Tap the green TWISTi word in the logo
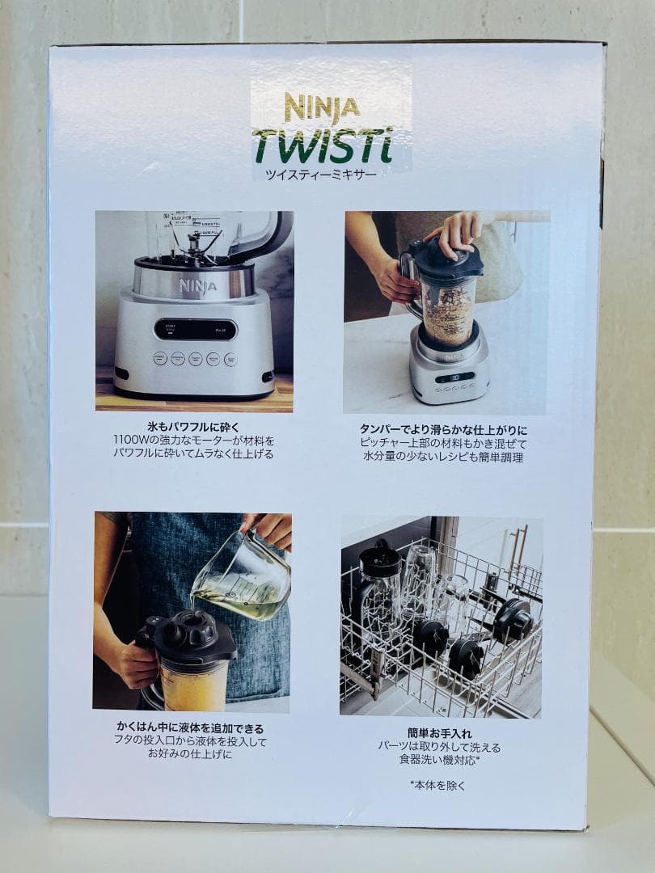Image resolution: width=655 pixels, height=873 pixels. point(322,145)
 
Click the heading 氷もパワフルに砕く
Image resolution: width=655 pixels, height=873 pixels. point(193,427)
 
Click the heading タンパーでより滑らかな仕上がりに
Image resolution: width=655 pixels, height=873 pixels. point(442,429)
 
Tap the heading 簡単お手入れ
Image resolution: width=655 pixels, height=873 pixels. point(439,733)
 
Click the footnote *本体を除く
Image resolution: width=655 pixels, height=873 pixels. point(437,785)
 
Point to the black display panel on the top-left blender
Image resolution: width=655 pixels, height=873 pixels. point(194,330)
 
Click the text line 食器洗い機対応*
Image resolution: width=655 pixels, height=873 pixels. point(439,761)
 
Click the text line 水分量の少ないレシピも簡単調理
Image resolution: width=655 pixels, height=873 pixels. point(442,457)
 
